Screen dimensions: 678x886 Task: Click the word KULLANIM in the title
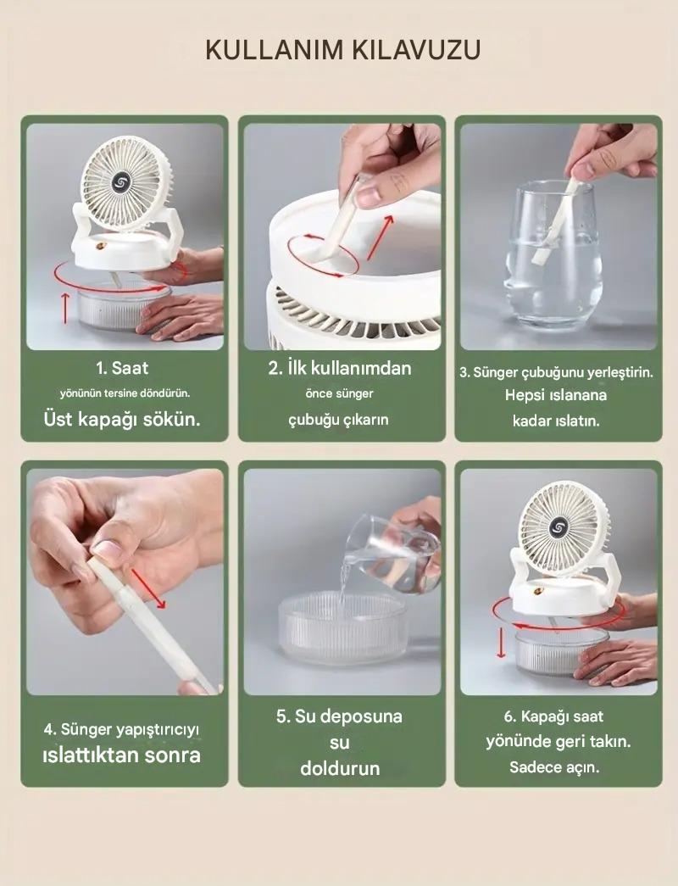pyautogui.click(x=274, y=50)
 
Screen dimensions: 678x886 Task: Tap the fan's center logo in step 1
pyautogui.click(x=121, y=182)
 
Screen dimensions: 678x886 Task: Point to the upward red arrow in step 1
pyautogui.click(x=65, y=308)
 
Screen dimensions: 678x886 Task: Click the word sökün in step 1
pyautogui.click(x=170, y=420)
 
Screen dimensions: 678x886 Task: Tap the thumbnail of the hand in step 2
pyautogui.click(x=370, y=196)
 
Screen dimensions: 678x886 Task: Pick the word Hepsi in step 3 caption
pyautogui.click(x=525, y=395)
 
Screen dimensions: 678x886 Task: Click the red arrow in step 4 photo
pyautogui.click(x=149, y=588)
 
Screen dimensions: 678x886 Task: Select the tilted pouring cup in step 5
pyautogui.click(x=392, y=553)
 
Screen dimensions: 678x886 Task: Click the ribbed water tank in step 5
pyautogui.click(x=342, y=628)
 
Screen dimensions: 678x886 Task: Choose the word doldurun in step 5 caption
pyautogui.click(x=340, y=768)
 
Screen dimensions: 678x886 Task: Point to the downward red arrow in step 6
pyautogui.click(x=501, y=643)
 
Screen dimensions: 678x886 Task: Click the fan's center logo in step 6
pyautogui.click(x=558, y=527)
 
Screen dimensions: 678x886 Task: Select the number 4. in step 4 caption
pyautogui.click(x=50, y=729)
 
